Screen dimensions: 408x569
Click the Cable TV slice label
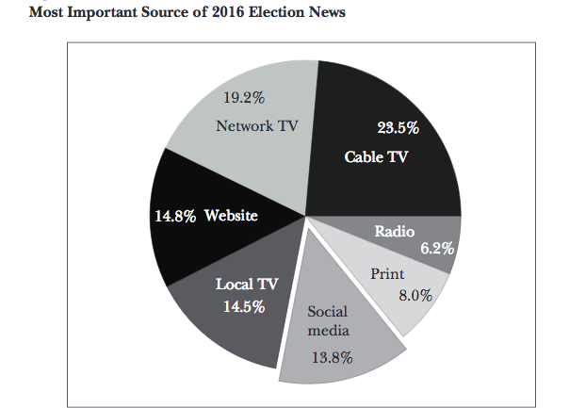pyautogui.click(x=377, y=156)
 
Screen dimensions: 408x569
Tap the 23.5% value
pyautogui.click(x=398, y=128)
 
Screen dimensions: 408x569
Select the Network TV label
pyautogui.click(x=257, y=125)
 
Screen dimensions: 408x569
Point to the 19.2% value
pyautogui.click(x=243, y=96)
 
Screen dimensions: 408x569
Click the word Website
pyautogui.click(x=231, y=216)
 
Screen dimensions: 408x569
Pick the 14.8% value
pyautogui.click(x=175, y=216)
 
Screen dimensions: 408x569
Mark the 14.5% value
pyautogui.click(x=244, y=306)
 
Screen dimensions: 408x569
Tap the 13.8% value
pyautogui.click(x=332, y=357)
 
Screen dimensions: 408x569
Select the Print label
pyautogui.click(x=388, y=274)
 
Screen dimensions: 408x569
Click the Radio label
pyautogui.click(x=396, y=231)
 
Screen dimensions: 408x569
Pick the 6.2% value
pyautogui.click(x=437, y=249)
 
